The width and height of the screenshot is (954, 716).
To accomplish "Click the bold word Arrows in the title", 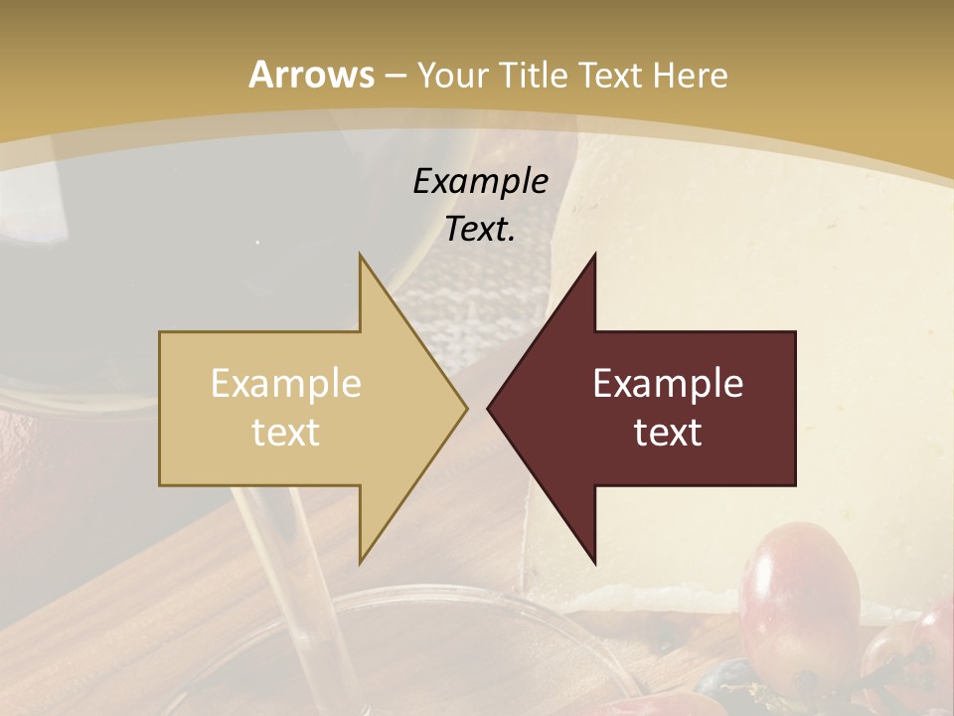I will point(311,75).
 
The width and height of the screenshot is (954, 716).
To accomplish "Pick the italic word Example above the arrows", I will point(481,181).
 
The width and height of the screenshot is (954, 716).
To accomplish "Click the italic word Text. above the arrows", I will point(478,230).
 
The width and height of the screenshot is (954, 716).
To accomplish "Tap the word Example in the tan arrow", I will point(286,384).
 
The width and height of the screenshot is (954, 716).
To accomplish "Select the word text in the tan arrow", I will point(286,432).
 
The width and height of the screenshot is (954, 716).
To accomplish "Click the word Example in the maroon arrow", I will point(668,384).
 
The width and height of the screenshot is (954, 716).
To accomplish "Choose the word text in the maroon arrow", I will point(668,432).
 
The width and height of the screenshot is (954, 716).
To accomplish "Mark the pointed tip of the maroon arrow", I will point(489,408).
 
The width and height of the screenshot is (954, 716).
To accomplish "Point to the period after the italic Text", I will point(513,239).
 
